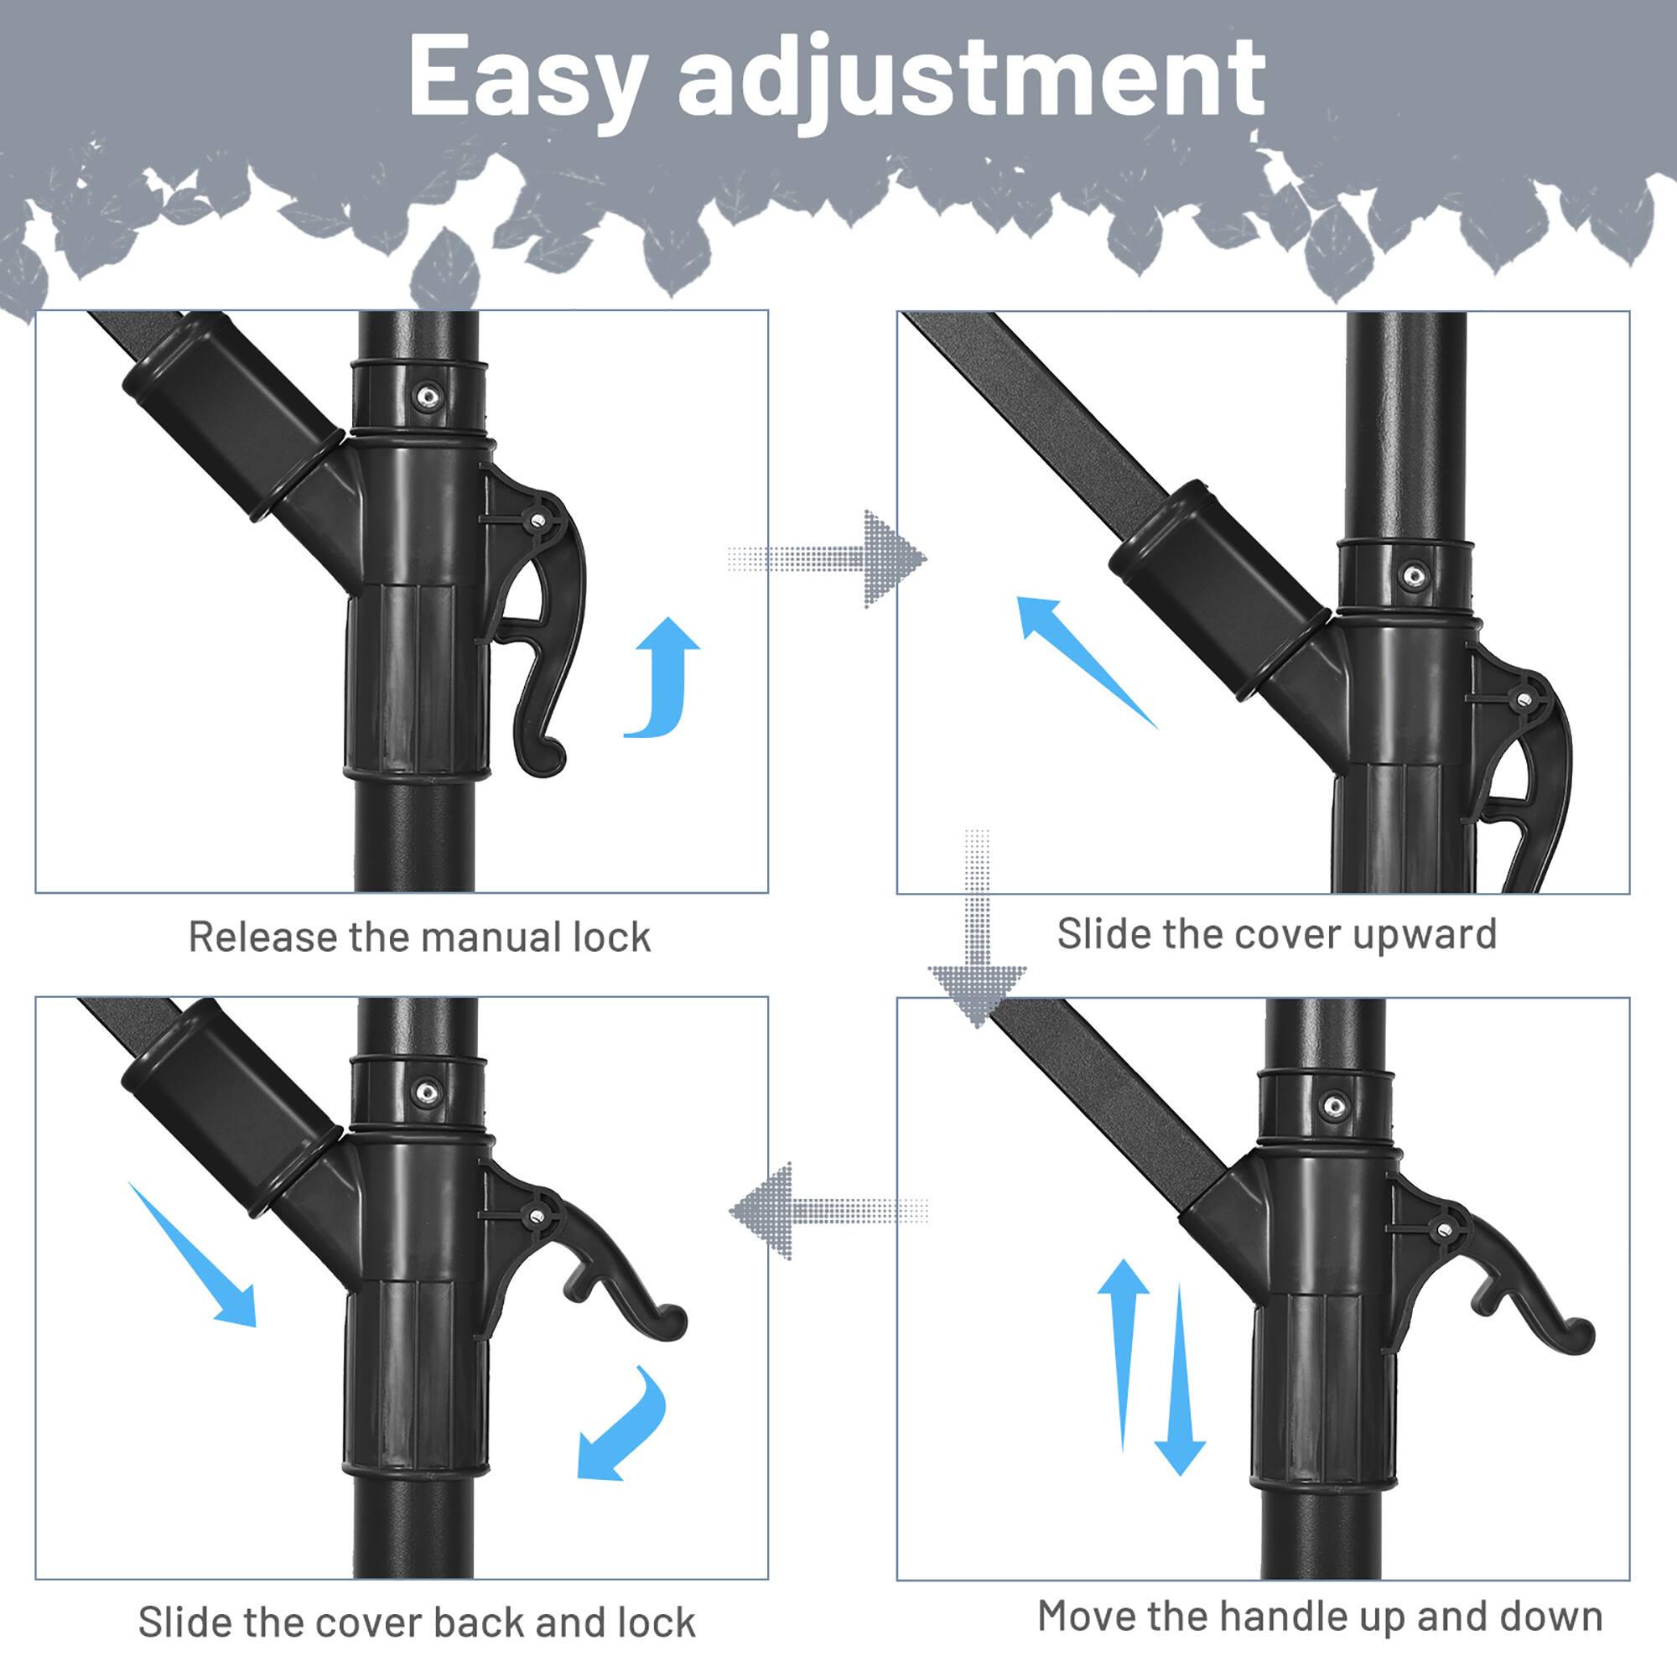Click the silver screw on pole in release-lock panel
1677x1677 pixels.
click(427, 397)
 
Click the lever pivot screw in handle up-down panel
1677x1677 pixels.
click(1444, 1229)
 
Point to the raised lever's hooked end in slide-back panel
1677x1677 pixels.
click(668, 1324)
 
